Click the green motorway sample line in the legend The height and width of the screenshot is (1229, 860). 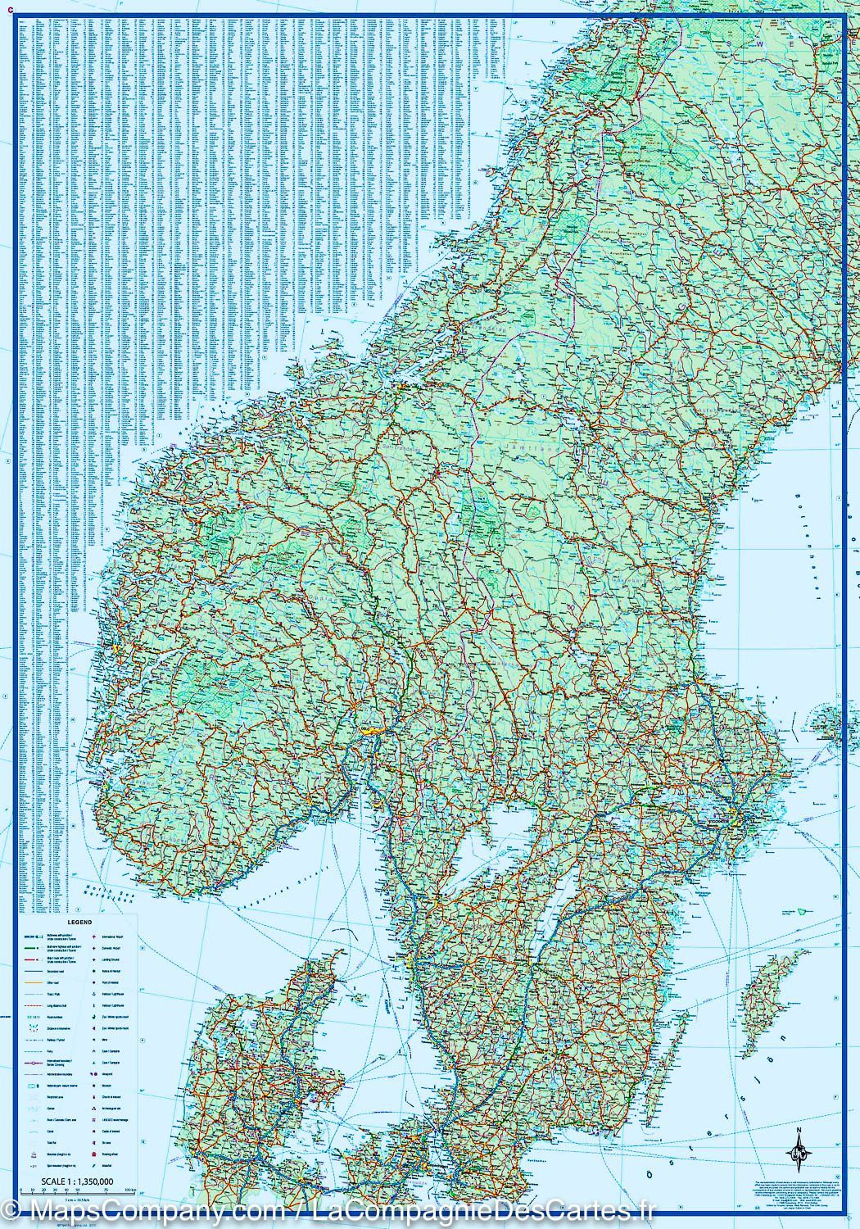[x=29, y=947]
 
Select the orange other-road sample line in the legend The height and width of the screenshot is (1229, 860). [x=29, y=982]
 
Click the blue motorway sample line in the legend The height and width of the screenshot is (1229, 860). [x=29, y=936]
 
